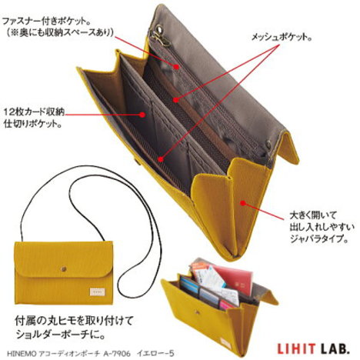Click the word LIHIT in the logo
click(295, 349)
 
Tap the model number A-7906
click(117, 354)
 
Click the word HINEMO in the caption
click(22, 354)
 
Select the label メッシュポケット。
click(282, 38)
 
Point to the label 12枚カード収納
click(34, 112)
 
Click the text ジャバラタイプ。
click(319, 239)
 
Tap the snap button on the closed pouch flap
click(63, 269)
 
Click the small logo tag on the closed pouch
click(98, 292)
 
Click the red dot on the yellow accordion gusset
click(242, 203)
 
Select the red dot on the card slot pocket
click(142, 115)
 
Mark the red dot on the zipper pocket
click(176, 67)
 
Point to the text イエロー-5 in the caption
click(155, 354)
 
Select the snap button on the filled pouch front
click(197, 312)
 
